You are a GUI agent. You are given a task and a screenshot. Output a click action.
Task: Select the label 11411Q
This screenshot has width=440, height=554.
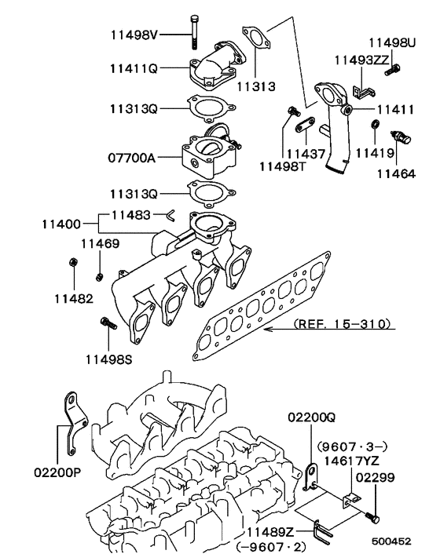click(132, 68)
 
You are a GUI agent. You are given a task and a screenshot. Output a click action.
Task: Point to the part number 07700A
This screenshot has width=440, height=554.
click(131, 158)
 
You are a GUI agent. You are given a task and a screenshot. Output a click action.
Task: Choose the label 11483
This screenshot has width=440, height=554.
click(132, 213)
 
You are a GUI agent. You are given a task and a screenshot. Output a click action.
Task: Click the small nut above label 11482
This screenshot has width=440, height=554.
click(72, 263)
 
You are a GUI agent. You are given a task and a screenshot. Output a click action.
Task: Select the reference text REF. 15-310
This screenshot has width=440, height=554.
click(340, 323)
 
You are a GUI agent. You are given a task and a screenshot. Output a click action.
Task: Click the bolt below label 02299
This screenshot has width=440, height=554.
click(373, 518)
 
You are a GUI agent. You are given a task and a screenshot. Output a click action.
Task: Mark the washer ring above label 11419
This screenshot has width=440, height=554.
click(376, 126)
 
